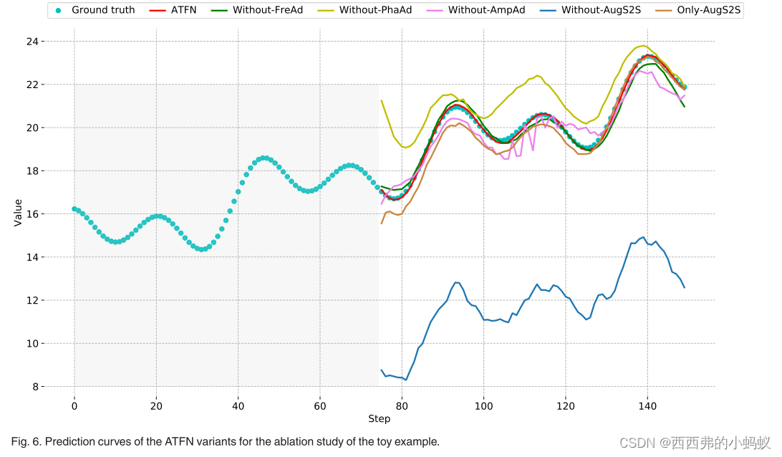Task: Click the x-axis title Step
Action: coord(379,418)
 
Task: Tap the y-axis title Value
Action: coord(18,213)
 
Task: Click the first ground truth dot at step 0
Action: coord(74,209)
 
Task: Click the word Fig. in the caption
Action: coord(21,442)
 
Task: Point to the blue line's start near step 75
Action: coord(381,370)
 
